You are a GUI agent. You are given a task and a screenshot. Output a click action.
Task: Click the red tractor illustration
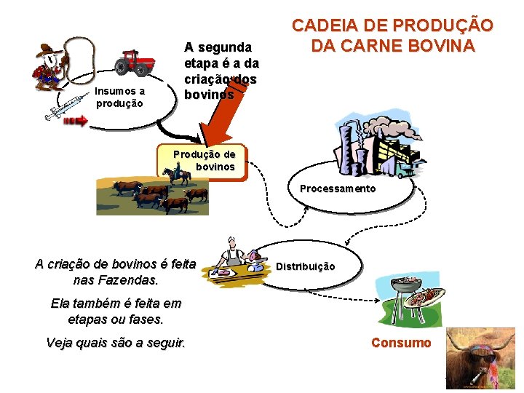pyautogui.click(x=135, y=63)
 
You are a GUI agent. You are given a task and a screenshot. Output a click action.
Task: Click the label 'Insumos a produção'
pyautogui.click(x=120, y=98)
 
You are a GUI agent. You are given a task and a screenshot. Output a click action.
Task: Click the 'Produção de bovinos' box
pyautogui.click(x=204, y=161)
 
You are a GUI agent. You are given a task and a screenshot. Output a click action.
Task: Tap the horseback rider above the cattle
pyautogui.click(x=177, y=175)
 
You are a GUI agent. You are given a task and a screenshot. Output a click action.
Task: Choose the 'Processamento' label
pyautogui.click(x=338, y=189)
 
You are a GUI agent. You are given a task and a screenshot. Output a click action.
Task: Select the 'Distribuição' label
pyautogui.click(x=305, y=266)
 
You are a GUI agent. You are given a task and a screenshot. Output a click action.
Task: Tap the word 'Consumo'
pyautogui.click(x=401, y=343)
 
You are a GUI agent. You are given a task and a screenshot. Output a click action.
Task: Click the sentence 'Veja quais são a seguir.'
pyautogui.click(x=115, y=343)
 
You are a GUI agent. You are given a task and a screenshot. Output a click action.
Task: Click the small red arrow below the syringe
pyautogui.click(x=74, y=121)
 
